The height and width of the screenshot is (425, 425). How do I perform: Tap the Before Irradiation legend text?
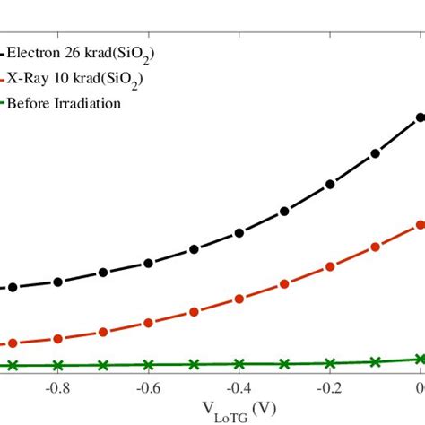(64, 103)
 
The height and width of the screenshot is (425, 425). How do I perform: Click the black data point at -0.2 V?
(330, 184)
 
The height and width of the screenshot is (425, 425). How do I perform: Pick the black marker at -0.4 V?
(239, 233)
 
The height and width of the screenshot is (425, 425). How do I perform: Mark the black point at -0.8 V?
(57, 282)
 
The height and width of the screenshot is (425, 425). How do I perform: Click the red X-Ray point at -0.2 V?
(330, 266)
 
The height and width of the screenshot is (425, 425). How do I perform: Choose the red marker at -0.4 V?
(239, 299)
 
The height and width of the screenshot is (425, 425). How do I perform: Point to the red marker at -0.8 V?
(57, 338)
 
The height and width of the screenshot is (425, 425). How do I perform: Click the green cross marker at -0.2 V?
(330, 363)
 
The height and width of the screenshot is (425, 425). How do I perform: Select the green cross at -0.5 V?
(194, 364)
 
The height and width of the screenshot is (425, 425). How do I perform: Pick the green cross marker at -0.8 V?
(57, 365)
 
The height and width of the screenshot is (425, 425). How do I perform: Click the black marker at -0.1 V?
(376, 152)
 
